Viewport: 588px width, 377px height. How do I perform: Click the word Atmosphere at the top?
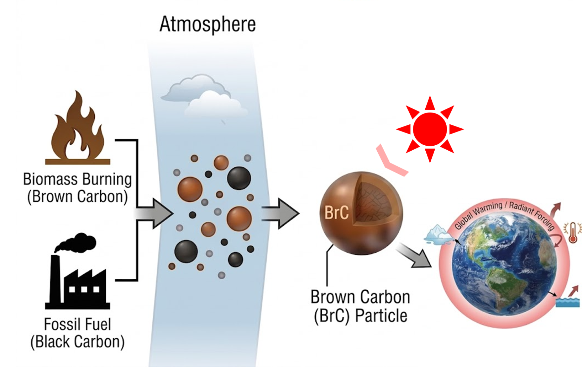(x=208, y=25)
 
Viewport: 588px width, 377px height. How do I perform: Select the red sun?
(x=430, y=129)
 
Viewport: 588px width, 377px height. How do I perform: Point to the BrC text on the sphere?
(x=336, y=213)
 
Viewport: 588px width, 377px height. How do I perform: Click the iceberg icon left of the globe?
(x=438, y=235)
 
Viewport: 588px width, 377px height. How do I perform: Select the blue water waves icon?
(x=568, y=302)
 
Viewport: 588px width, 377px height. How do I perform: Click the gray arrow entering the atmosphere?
(x=157, y=213)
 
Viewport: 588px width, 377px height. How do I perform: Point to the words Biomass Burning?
(x=77, y=179)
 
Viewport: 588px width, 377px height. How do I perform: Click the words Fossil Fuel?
(x=78, y=324)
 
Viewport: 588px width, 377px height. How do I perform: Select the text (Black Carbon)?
(x=78, y=342)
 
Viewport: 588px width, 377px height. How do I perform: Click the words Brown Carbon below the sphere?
(x=360, y=297)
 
